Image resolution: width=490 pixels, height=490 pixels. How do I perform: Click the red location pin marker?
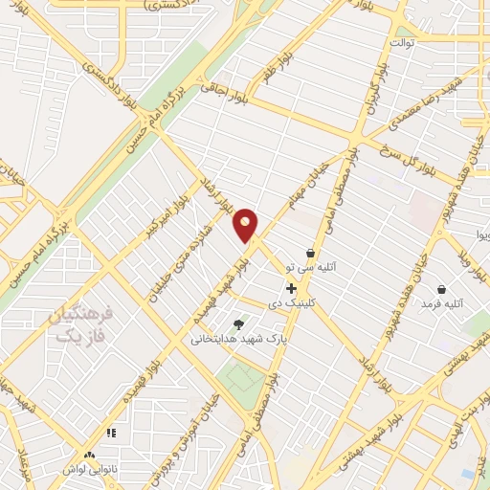246,225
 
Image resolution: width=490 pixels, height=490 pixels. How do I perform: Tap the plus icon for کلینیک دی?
291,288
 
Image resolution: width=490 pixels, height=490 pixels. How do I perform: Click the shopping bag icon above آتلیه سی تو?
310,254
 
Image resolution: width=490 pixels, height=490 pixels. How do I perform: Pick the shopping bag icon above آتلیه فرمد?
441,289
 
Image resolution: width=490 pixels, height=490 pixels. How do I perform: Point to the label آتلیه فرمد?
441,304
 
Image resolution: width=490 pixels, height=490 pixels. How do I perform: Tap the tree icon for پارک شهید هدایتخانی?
238,323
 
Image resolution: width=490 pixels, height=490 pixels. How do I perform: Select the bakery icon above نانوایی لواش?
89,456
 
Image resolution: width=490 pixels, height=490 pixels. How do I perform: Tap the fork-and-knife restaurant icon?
111,433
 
